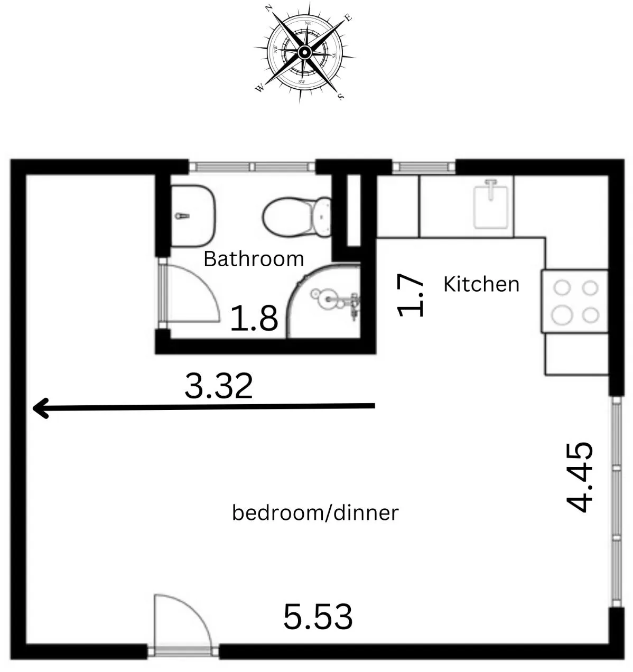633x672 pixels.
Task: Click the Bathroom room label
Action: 254,259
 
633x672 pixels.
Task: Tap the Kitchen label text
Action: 481,284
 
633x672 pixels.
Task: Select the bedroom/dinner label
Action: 315,512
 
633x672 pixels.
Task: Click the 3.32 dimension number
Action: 218,386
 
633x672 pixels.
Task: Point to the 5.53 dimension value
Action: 318,617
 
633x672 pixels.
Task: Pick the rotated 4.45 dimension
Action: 580,477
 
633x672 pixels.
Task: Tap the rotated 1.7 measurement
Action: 411,295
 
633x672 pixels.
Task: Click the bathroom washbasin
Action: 193,216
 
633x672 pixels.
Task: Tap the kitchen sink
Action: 493,203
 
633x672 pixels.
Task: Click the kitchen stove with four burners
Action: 574,301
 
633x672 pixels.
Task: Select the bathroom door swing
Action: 190,293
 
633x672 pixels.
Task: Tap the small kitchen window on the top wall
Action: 423,167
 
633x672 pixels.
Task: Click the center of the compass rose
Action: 304,52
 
